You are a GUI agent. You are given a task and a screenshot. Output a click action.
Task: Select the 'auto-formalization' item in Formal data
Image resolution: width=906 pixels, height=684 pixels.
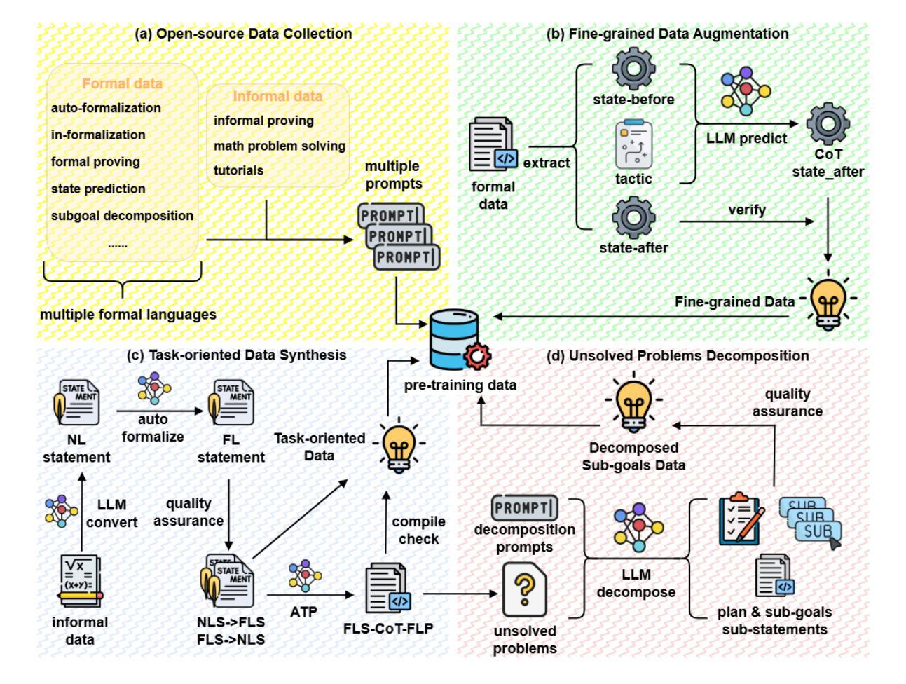[x=106, y=108]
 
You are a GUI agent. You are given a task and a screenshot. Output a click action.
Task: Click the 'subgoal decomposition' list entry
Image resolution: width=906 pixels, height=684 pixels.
[x=122, y=216]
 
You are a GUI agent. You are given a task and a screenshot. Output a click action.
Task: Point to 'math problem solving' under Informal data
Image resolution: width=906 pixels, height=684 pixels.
[x=280, y=146]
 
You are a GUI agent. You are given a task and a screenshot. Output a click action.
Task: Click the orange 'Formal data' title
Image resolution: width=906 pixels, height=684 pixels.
[x=123, y=83]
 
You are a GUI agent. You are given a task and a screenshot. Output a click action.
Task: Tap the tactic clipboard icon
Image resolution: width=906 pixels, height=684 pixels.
[x=633, y=146]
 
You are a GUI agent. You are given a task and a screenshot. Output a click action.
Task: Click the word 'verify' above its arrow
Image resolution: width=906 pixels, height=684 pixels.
[x=746, y=209]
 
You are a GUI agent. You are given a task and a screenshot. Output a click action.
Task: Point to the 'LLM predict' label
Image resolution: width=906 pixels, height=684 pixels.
[x=746, y=138]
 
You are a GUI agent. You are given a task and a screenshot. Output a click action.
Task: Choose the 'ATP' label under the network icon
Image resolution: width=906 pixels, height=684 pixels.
[x=303, y=611]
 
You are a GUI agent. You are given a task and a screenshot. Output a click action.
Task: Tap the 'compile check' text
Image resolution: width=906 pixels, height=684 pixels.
[x=419, y=531]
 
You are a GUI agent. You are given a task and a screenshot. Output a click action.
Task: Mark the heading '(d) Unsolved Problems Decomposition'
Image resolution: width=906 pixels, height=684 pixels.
[x=678, y=356]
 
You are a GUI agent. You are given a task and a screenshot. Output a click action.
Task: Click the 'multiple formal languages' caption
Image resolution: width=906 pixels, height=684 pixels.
[x=128, y=315]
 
